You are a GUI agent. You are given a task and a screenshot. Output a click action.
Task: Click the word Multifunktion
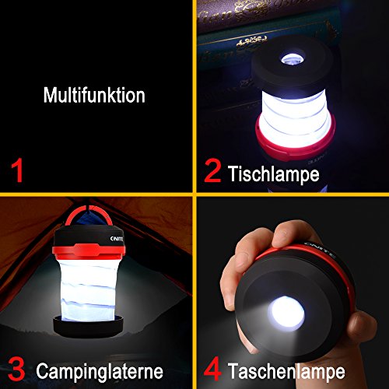point(94,96)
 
